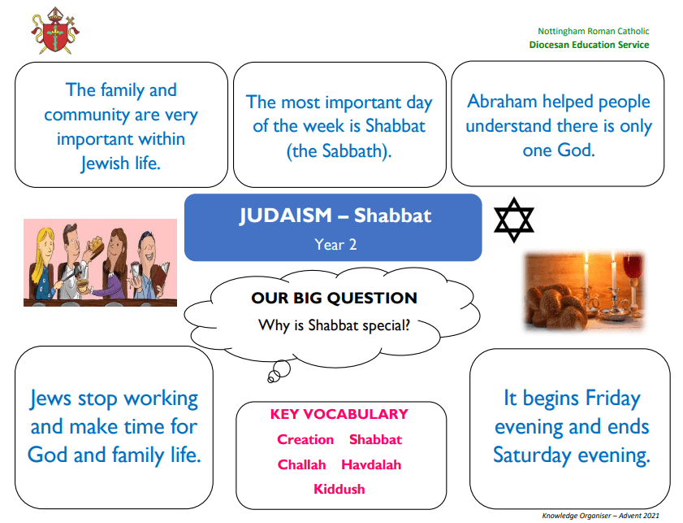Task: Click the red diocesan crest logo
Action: click(x=55, y=31)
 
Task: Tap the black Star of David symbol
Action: click(x=513, y=220)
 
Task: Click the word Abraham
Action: click(x=502, y=101)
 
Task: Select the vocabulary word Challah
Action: click(x=301, y=464)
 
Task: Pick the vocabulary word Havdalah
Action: click(x=371, y=464)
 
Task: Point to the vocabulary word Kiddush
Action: click(x=339, y=489)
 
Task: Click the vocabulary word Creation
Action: click(x=305, y=439)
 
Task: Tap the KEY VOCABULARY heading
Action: click(x=339, y=414)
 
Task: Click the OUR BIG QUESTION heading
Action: click(x=334, y=298)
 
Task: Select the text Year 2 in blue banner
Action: click(x=335, y=244)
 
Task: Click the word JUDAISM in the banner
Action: click(x=286, y=216)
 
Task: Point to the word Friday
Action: click(x=613, y=399)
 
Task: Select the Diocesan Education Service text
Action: click(x=589, y=45)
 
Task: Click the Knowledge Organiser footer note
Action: click(x=600, y=516)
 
